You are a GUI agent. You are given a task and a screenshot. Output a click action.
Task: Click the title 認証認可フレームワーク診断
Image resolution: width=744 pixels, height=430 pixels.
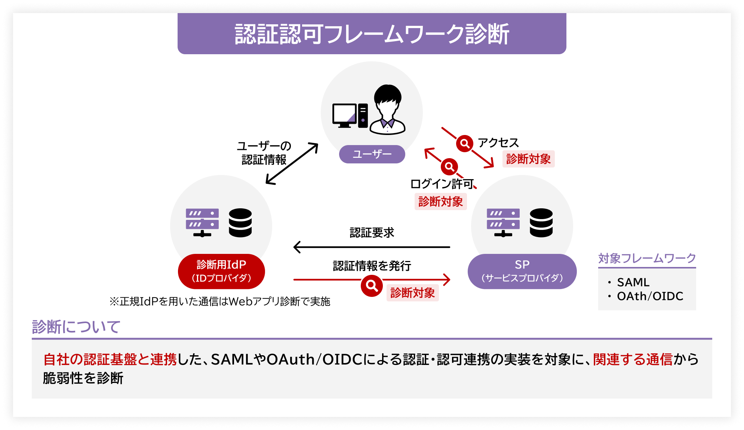click(x=372, y=34)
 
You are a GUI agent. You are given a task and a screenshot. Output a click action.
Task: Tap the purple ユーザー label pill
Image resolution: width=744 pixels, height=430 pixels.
click(x=372, y=154)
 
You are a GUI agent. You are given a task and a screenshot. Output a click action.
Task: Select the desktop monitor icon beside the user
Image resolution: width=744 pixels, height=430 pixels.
click(x=344, y=115)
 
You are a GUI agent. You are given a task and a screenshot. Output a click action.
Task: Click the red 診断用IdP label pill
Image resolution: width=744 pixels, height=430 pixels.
click(x=221, y=271)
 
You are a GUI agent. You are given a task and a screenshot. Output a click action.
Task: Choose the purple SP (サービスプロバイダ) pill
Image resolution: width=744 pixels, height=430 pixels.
click(x=522, y=271)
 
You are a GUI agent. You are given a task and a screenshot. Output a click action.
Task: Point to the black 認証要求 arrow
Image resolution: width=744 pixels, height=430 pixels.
click(x=372, y=247)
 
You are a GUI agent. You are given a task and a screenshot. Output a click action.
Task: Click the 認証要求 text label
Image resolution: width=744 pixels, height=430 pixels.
click(x=372, y=233)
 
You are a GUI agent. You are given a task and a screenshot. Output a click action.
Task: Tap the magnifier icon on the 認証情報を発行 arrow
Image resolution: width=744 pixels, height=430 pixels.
click(x=372, y=286)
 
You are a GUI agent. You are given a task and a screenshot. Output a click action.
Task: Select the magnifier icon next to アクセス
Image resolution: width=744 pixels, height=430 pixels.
click(x=465, y=143)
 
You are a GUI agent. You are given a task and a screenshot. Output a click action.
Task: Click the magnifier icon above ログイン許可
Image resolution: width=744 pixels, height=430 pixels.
click(x=449, y=166)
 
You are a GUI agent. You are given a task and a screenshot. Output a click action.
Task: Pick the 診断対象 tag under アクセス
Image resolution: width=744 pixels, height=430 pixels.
click(x=528, y=159)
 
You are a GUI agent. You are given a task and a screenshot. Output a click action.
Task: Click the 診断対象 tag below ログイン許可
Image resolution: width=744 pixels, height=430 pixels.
click(x=440, y=202)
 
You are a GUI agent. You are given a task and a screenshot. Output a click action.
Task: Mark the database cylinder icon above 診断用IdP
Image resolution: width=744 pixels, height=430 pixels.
click(x=240, y=223)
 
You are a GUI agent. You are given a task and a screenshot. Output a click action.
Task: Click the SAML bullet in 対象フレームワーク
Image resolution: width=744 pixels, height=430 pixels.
click(x=633, y=282)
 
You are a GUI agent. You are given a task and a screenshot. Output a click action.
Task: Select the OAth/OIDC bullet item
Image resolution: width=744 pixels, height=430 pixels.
click(x=650, y=296)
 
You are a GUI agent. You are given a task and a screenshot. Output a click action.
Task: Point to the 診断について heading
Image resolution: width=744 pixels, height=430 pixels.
click(x=76, y=327)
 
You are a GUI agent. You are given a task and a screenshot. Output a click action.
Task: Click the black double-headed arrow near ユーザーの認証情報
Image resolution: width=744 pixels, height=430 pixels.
click(x=292, y=164)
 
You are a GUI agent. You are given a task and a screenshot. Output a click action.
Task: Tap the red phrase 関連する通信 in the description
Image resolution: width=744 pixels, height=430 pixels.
click(x=633, y=359)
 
